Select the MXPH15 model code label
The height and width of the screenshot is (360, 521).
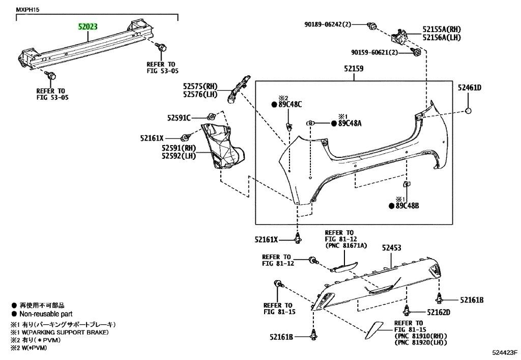(x=28, y=10)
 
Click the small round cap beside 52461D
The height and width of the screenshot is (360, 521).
(x=469, y=112)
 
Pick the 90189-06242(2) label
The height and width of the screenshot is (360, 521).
(x=328, y=24)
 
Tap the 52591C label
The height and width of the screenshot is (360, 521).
(x=178, y=118)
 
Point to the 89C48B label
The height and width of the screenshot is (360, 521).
(x=407, y=206)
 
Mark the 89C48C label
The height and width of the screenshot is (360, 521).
(x=290, y=104)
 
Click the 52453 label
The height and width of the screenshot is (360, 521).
(x=392, y=248)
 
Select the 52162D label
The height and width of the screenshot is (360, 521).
(x=439, y=312)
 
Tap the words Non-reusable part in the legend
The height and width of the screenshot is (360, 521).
(x=46, y=314)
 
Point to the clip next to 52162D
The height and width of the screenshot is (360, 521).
(x=407, y=310)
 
